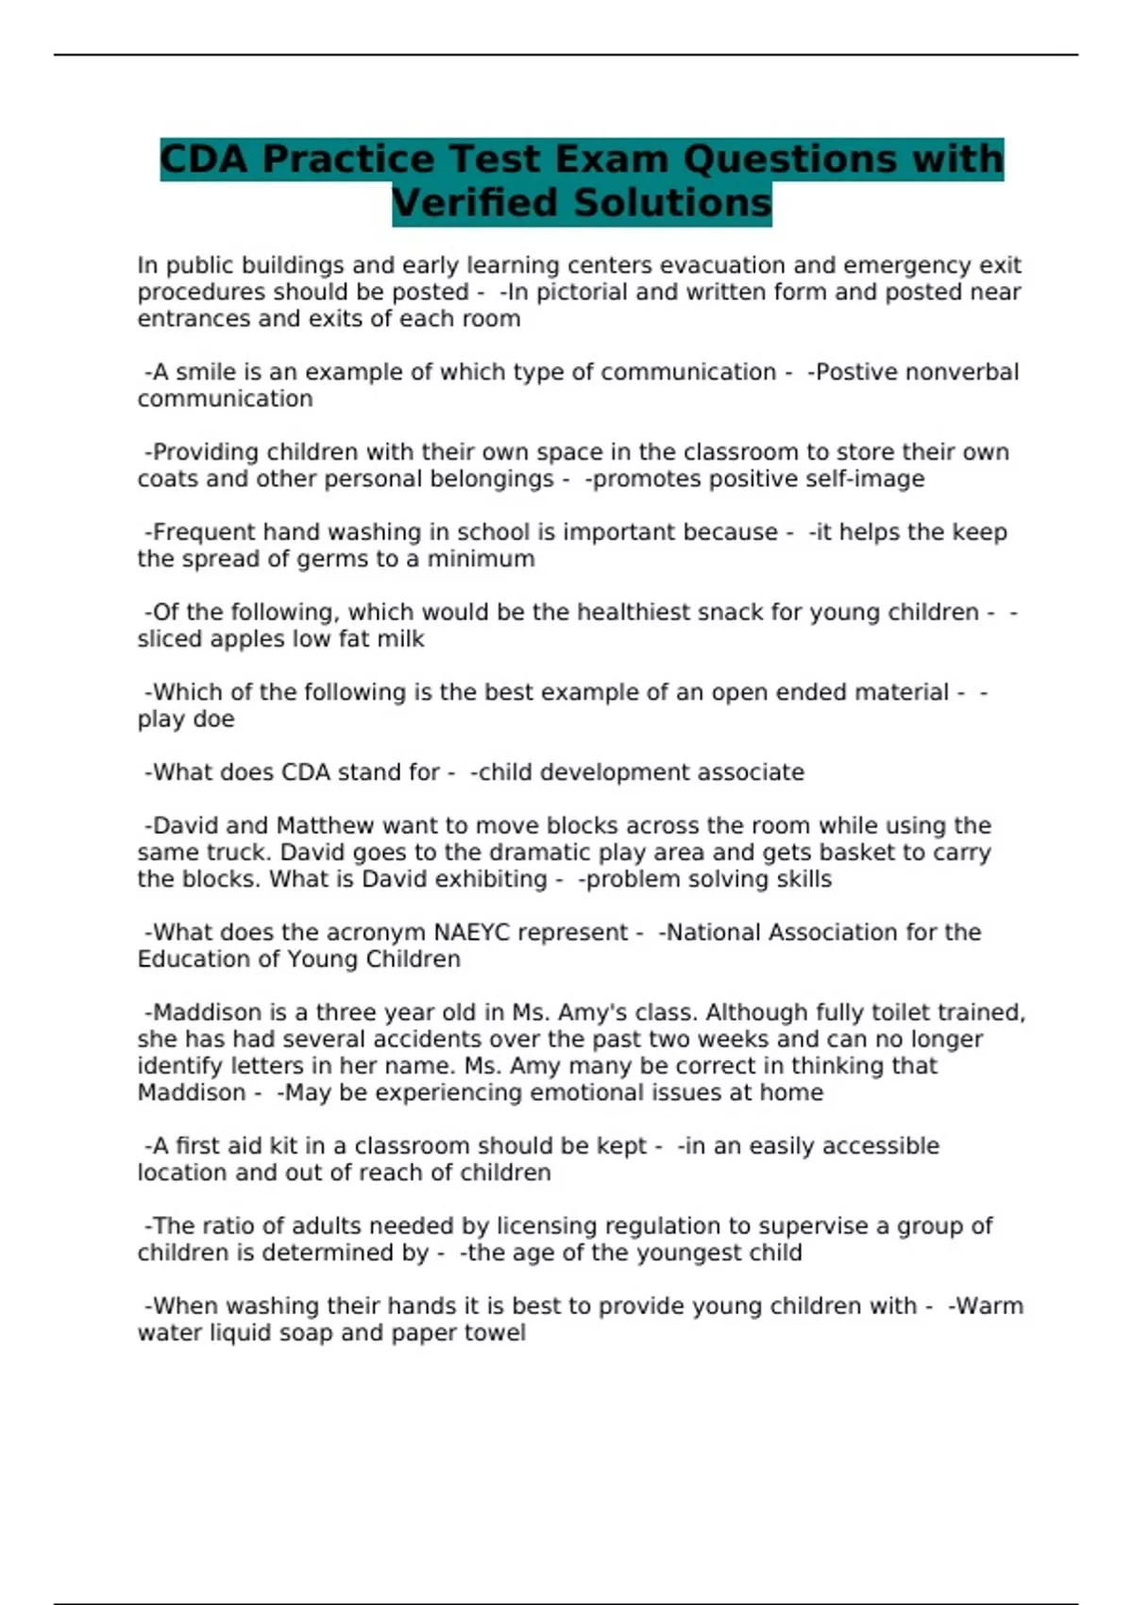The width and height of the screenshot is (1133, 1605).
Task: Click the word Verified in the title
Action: (476, 203)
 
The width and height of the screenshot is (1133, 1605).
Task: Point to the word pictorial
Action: (582, 292)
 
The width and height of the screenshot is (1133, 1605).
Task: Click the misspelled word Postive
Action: (856, 372)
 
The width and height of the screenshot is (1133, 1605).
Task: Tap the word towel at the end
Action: (495, 1333)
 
